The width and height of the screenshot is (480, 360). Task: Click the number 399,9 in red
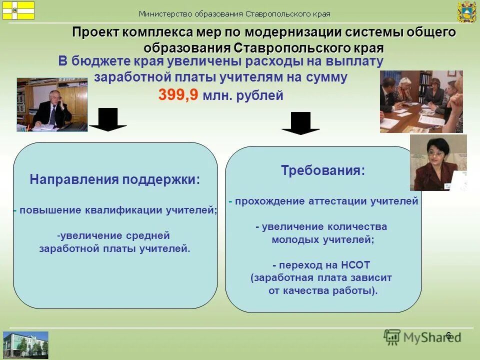pyautogui.click(x=178, y=94)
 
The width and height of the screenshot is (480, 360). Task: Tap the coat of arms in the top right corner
pyautogui.click(x=466, y=12)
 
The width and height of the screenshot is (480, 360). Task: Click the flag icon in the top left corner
pyautogui.click(x=18, y=10)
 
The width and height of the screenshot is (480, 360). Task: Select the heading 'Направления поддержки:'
pyautogui.click(x=115, y=180)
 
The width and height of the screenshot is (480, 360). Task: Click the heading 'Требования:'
pyautogui.click(x=323, y=170)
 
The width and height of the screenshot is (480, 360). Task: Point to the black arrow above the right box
pyautogui.click(x=300, y=123)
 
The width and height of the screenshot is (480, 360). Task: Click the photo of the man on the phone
pyautogui.click(x=52, y=104)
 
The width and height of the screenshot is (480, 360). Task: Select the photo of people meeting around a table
pyautogui.click(x=421, y=101)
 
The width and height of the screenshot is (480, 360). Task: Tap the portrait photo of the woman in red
pyautogui.click(x=438, y=162)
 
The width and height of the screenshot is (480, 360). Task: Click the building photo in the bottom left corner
pyautogui.click(x=26, y=344)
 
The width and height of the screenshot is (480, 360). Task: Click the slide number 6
pyautogui.click(x=448, y=335)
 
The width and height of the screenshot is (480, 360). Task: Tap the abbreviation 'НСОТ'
pyautogui.click(x=355, y=265)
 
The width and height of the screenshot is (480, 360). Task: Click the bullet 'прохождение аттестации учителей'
pyautogui.click(x=325, y=201)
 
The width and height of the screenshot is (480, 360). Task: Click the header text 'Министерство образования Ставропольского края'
pyautogui.click(x=234, y=14)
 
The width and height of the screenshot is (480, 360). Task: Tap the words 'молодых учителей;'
pyautogui.click(x=323, y=239)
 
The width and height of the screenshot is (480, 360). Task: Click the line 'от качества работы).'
pyautogui.click(x=323, y=290)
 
